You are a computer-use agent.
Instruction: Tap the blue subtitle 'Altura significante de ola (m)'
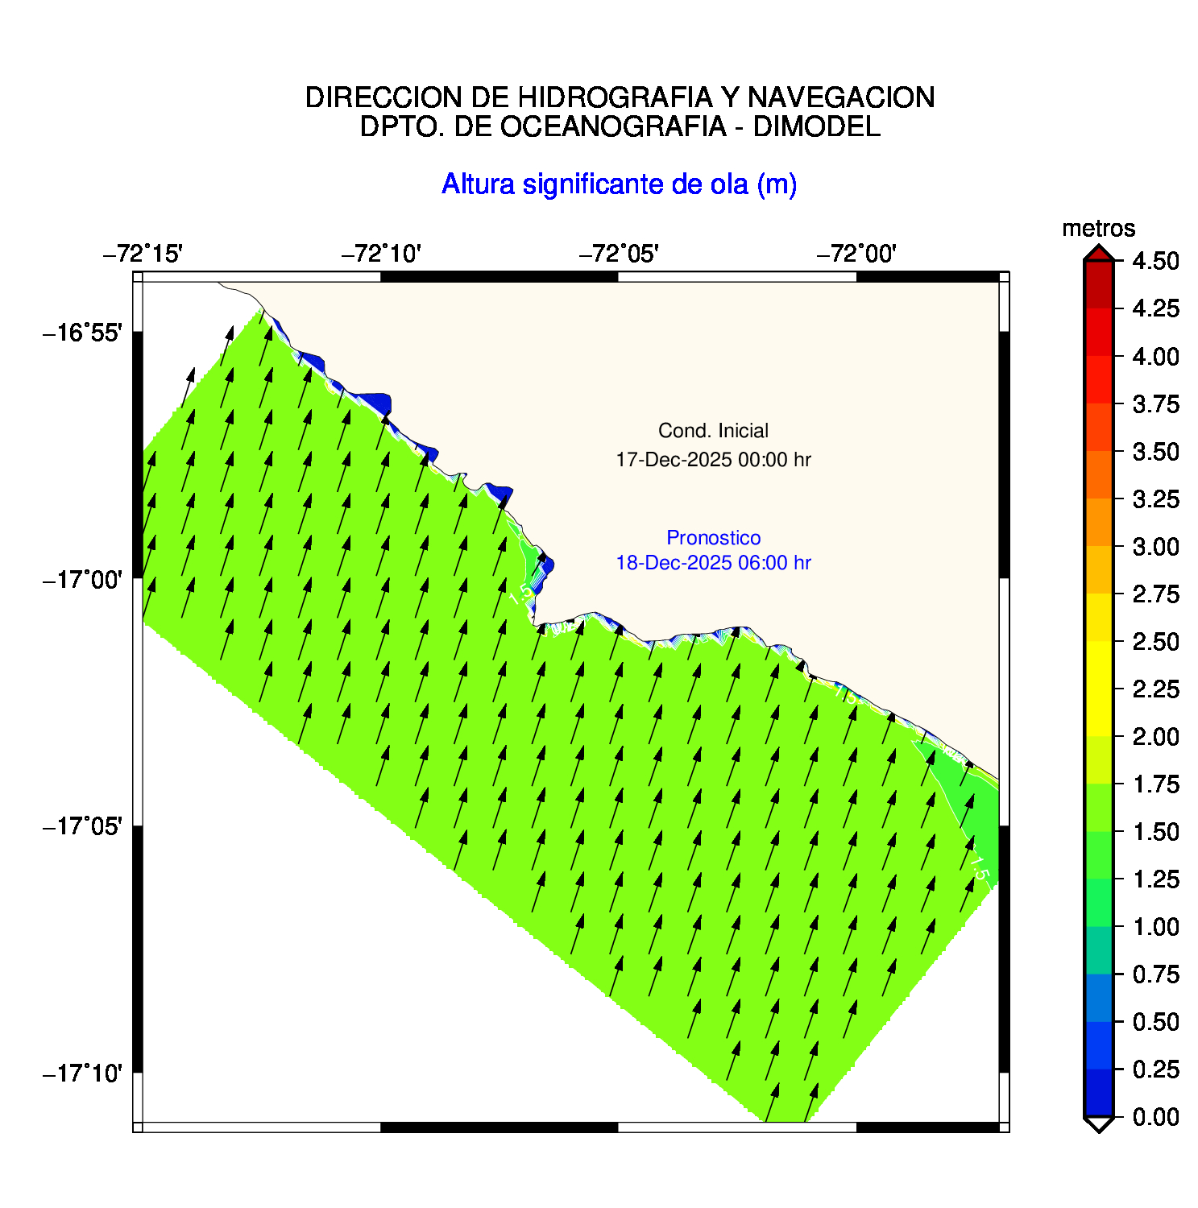pyautogui.click(x=619, y=184)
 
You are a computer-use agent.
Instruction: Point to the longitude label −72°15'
pyautogui.click(x=143, y=254)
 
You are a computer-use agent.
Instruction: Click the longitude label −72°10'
pyautogui.click(x=381, y=254)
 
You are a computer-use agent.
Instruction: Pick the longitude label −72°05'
pyautogui.click(x=619, y=254)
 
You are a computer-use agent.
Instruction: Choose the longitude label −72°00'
pyautogui.click(x=856, y=254)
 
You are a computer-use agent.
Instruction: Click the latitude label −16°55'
pyautogui.click(x=82, y=333)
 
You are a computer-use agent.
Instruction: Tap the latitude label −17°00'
pyautogui.click(x=82, y=579)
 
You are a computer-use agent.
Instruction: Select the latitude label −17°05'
pyautogui.click(x=82, y=826)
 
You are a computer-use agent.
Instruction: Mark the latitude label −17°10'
pyautogui.click(x=82, y=1074)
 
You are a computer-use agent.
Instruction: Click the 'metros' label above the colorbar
pyautogui.click(x=1098, y=230)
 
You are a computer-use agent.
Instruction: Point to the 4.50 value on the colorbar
pyautogui.click(x=1155, y=261)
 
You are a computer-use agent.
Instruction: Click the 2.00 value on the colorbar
pyautogui.click(x=1155, y=737)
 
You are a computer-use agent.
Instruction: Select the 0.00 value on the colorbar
pyautogui.click(x=1155, y=1117)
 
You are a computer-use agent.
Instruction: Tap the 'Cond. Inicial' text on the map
pyautogui.click(x=713, y=431)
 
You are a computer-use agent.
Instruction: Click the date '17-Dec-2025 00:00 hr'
pyautogui.click(x=713, y=460)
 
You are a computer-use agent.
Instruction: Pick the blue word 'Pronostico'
pyautogui.click(x=713, y=538)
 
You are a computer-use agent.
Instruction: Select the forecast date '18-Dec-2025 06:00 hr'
pyautogui.click(x=713, y=563)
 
